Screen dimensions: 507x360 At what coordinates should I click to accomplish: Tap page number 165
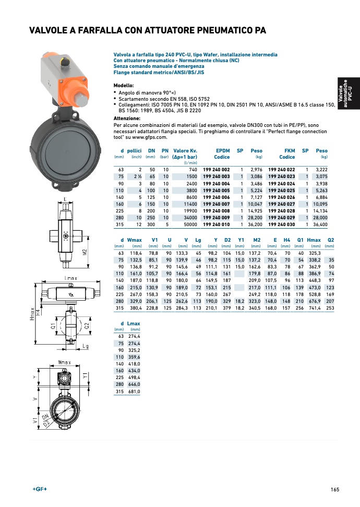pyautogui.click(x=334, y=489)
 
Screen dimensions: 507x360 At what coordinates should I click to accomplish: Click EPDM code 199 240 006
pyautogui.click(x=216, y=198)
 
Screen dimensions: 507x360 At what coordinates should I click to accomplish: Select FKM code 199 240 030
pyautogui.click(x=281, y=225)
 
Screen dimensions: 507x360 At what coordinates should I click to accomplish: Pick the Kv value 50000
pyautogui.click(x=188, y=225)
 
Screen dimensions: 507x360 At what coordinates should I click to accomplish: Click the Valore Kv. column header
pyautogui.click(x=185, y=154)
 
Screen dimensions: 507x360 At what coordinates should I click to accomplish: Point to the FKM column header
pyautogui.click(x=289, y=150)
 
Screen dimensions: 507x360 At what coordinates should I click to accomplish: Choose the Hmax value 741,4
pyautogui.click(x=314, y=309)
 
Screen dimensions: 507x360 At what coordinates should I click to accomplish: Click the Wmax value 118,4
pyautogui.click(x=135, y=252)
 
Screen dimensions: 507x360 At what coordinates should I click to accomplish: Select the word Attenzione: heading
pyautogui.click(x=127, y=119)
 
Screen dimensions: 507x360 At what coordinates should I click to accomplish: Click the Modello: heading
pyautogui.click(x=124, y=85)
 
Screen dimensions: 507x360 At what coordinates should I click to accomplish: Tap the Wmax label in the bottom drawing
pyautogui.click(x=64, y=362)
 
